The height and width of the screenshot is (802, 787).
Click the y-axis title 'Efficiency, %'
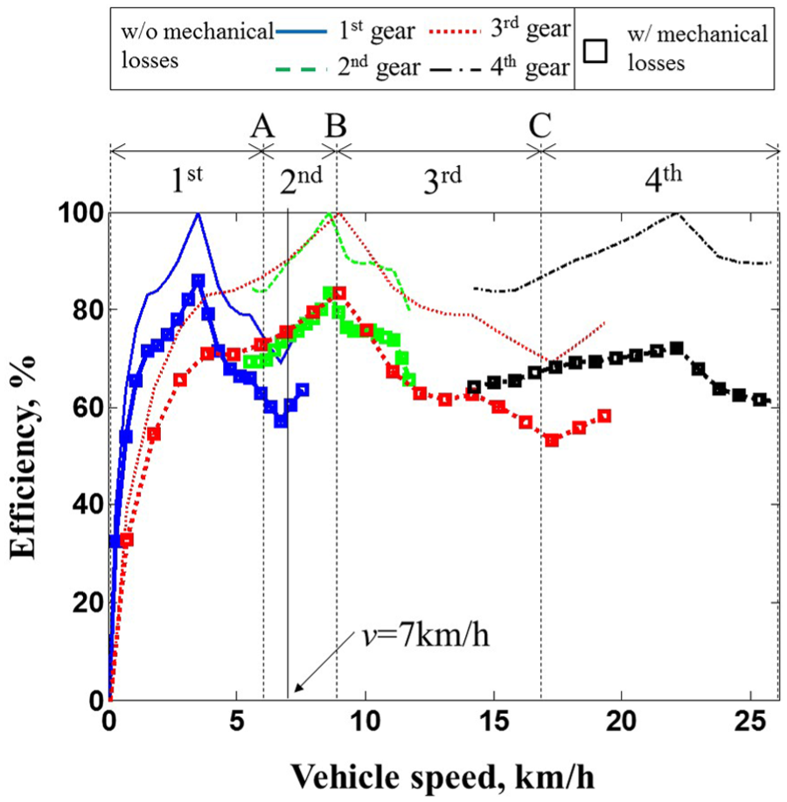click(24, 456)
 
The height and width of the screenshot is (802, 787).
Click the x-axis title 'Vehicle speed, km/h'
click(443, 777)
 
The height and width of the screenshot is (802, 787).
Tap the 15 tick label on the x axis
click(493, 721)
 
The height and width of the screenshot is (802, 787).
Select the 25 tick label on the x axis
click(750, 721)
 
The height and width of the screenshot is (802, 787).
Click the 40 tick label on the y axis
click(88, 505)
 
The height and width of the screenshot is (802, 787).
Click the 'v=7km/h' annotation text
click(426, 636)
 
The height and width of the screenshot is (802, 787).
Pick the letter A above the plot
click(262, 125)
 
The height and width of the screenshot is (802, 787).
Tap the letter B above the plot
click(336, 125)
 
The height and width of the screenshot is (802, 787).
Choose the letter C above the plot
click(540, 125)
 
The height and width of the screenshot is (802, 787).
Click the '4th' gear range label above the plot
click(663, 178)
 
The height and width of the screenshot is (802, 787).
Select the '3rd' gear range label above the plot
click(442, 180)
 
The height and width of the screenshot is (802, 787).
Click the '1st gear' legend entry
click(345, 31)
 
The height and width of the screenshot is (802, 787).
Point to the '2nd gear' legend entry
click(348, 68)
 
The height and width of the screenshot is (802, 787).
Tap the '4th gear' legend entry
click(501, 68)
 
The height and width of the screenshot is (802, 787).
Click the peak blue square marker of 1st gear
click(198, 280)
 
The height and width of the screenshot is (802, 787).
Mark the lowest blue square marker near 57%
click(281, 420)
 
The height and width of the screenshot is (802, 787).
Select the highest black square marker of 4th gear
click(677, 349)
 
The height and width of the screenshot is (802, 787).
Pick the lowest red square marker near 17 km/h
click(552, 439)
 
